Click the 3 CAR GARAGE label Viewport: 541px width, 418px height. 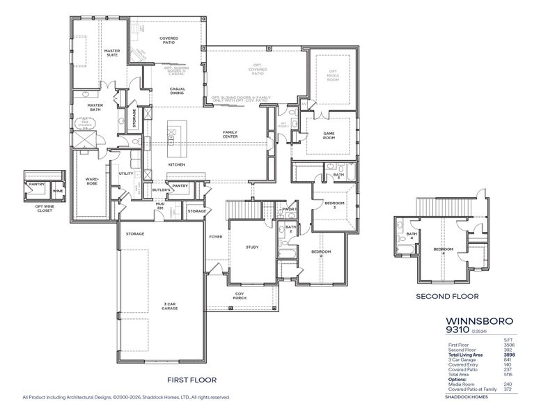(x=164, y=307)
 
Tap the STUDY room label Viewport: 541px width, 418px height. (x=252, y=247)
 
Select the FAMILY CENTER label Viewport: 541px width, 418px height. (x=230, y=134)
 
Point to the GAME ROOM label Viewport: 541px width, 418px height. (x=329, y=135)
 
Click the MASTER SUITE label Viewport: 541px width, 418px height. (x=112, y=53)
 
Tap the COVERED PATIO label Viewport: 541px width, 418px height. (x=168, y=40)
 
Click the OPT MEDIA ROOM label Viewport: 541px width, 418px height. (x=333, y=74)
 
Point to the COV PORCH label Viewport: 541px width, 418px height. (x=239, y=296)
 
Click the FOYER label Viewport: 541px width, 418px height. (x=216, y=237)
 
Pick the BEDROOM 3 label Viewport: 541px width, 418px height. (x=334, y=205)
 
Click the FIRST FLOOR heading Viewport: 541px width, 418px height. (x=192, y=380)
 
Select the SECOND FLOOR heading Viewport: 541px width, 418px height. (x=448, y=296)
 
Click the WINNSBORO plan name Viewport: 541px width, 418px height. (x=479, y=321)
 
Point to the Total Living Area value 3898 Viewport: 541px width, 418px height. (x=508, y=355)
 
